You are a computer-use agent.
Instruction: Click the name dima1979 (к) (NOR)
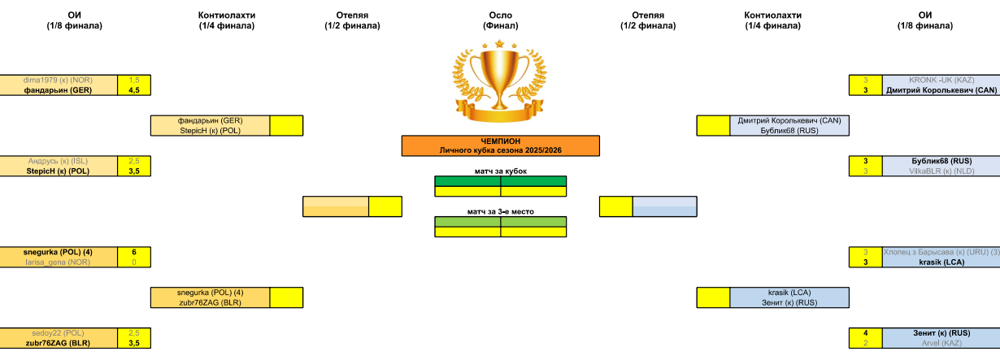click(x=59, y=80)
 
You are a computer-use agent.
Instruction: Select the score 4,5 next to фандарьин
click(x=134, y=90)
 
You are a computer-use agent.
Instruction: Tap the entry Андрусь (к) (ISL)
click(x=59, y=161)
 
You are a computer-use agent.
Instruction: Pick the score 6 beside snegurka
click(x=134, y=252)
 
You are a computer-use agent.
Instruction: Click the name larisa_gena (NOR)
click(x=59, y=262)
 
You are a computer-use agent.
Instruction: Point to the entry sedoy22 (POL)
click(x=59, y=333)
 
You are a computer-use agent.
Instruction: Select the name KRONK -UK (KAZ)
click(x=941, y=80)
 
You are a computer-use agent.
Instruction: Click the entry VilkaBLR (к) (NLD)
click(x=941, y=171)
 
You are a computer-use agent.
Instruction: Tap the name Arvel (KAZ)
click(x=941, y=343)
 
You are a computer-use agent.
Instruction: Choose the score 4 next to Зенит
click(x=866, y=333)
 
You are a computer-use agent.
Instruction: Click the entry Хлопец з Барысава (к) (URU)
click(x=941, y=252)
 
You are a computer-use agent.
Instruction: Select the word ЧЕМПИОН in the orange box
click(x=500, y=141)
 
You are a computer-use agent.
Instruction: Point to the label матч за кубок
click(x=500, y=171)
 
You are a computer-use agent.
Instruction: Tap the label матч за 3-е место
click(x=500, y=211)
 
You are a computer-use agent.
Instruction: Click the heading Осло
click(x=500, y=15)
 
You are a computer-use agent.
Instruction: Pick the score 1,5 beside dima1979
click(x=134, y=80)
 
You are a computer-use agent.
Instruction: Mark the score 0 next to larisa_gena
click(x=134, y=262)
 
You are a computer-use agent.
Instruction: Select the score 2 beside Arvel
click(x=866, y=343)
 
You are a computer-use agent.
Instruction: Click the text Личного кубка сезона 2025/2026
click(x=500, y=150)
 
